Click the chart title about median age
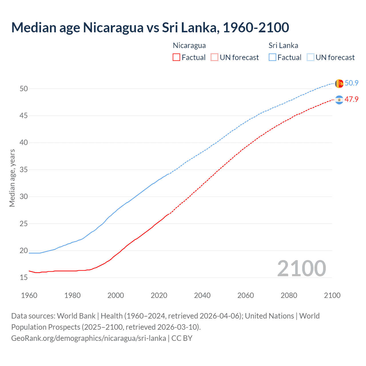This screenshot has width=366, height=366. click(x=150, y=27)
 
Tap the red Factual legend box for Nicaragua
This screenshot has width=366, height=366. click(x=176, y=57)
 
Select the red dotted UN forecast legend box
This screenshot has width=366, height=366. click(x=214, y=57)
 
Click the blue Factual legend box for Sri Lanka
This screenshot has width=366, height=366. click(x=272, y=57)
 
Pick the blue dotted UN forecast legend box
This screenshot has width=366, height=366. click(x=311, y=57)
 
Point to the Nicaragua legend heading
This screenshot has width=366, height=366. click(x=189, y=45)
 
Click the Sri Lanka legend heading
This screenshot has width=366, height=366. click(x=283, y=45)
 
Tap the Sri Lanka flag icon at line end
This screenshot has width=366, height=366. click(x=339, y=83)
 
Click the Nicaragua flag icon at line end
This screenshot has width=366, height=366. click(x=339, y=100)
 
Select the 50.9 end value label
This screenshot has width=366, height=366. click(x=351, y=83)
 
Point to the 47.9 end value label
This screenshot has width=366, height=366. click(x=351, y=99)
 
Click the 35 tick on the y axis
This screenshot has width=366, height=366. click(x=24, y=170)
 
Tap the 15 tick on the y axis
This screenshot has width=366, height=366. click(x=24, y=278)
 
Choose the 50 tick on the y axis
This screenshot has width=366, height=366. click(x=24, y=89)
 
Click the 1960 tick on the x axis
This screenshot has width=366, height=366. click(x=29, y=295)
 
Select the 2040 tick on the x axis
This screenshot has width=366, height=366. click(x=202, y=295)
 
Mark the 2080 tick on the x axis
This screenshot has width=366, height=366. click(x=289, y=295)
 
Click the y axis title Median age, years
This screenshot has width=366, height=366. click(x=12, y=178)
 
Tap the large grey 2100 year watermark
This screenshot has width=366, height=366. click(x=301, y=268)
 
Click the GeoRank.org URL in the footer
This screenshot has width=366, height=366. click(x=89, y=338)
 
